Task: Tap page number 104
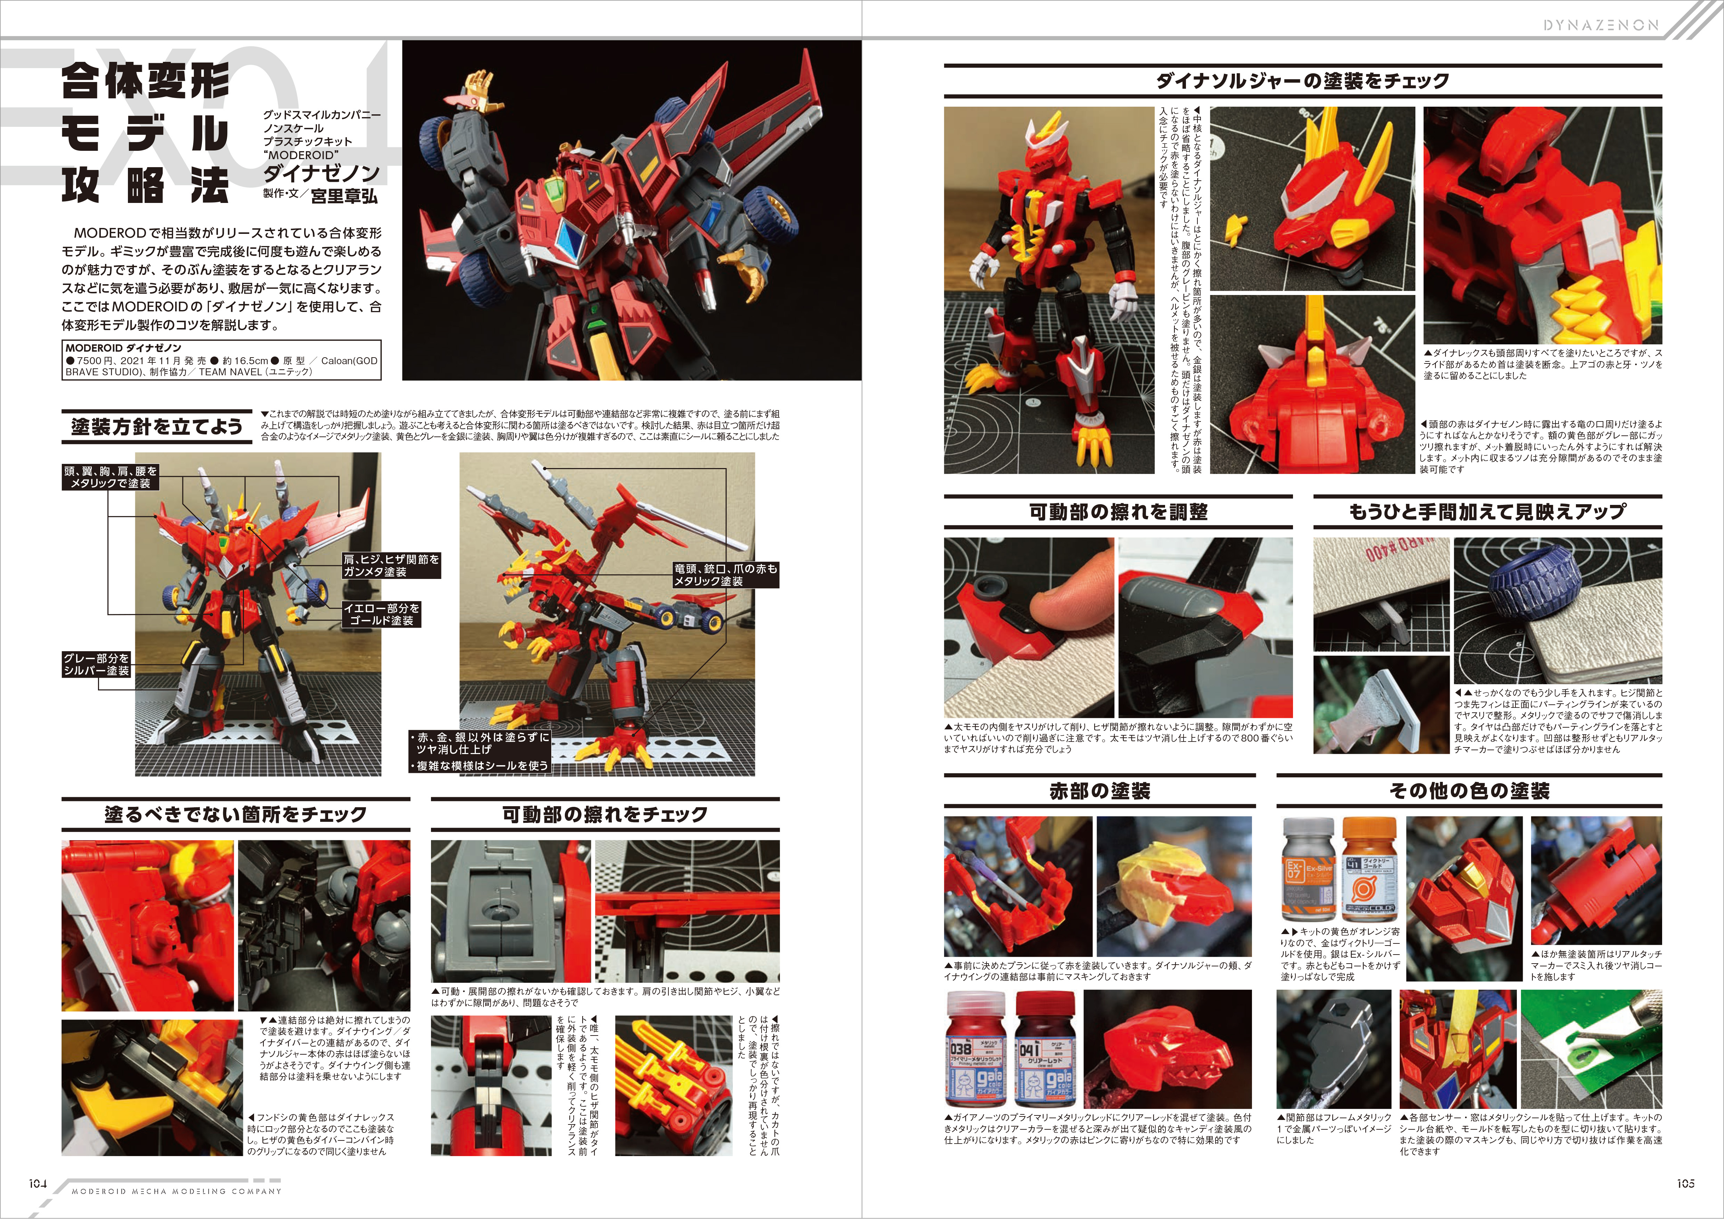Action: click(38, 1183)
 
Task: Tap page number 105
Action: click(1686, 1183)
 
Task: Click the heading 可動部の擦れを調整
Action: click(1118, 512)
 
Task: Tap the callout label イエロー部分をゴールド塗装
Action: click(381, 614)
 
